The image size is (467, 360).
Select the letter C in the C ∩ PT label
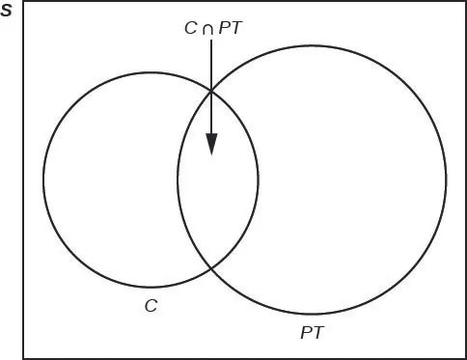click(x=191, y=28)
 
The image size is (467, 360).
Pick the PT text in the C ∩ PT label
click(x=231, y=28)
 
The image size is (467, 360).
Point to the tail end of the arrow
click(x=211, y=41)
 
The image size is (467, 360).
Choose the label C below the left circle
click(x=151, y=305)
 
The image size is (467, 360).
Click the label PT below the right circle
click(x=312, y=333)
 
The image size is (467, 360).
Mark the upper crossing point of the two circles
click(x=211, y=91)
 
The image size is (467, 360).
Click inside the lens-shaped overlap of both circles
click(x=218, y=193)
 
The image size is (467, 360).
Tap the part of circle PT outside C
click(x=347, y=180)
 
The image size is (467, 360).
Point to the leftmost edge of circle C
click(x=43, y=180)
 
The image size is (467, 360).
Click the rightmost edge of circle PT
click(x=446, y=180)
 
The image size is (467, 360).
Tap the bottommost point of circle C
click(x=151, y=287)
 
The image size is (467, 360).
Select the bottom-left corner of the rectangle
click(x=23, y=356)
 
